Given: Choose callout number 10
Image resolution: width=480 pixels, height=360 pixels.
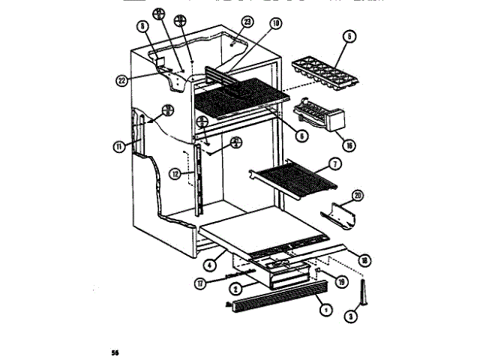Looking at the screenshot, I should (276, 24).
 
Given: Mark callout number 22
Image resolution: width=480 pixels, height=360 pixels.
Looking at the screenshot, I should (121, 80).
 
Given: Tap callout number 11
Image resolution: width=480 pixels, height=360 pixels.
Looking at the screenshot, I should (118, 147).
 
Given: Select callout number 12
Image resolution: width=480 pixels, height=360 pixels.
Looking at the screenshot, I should (175, 173).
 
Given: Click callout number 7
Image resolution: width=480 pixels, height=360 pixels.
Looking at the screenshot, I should (335, 163).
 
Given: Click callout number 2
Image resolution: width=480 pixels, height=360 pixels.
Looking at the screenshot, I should (235, 288).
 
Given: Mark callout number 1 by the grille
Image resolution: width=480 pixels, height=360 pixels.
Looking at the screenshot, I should (324, 307).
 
